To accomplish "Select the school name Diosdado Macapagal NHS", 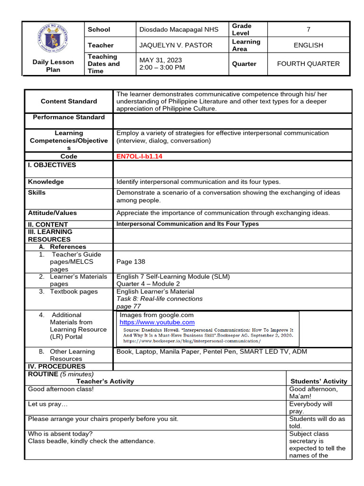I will (x=179, y=29).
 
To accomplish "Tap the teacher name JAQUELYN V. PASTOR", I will (x=175, y=45).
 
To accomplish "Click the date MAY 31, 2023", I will (x=160, y=60).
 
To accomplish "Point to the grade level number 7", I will (x=308, y=29).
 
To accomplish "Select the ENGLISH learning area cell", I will (x=308, y=45).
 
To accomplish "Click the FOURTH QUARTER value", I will (x=308, y=64).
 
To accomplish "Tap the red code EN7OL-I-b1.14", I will (x=141, y=156).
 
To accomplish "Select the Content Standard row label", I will (x=69, y=101).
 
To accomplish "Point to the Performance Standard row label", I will (x=69, y=117).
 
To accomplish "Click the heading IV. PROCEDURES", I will (x=57, y=366).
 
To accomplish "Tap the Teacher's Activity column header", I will (x=105, y=381).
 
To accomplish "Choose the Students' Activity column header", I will (x=318, y=381).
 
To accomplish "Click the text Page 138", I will (x=131, y=262).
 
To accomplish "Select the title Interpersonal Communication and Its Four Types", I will (x=188, y=224).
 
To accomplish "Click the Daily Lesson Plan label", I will (x=53, y=65).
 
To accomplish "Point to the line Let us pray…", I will (x=48, y=404).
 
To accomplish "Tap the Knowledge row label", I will (x=46, y=182).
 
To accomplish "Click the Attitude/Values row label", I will (x=52, y=213).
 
